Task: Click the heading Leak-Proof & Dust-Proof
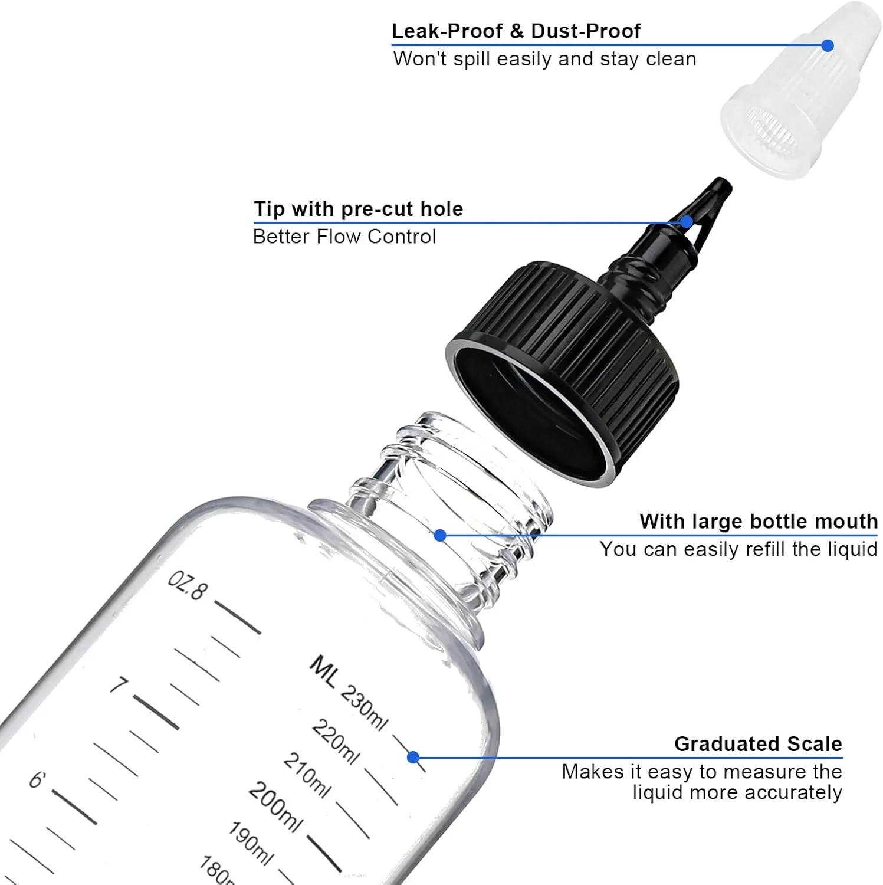pyautogui.click(x=516, y=31)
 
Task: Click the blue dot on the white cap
pyautogui.click(x=828, y=45)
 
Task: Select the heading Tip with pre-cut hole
pyautogui.click(x=358, y=209)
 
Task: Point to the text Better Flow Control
pyautogui.click(x=344, y=237)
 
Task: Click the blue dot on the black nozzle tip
pyautogui.click(x=686, y=222)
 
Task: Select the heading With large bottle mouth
pyautogui.click(x=759, y=522)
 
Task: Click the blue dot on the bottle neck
pyautogui.click(x=440, y=535)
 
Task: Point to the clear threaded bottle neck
pyautogui.click(x=448, y=507)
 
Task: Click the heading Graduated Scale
pyautogui.click(x=758, y=744)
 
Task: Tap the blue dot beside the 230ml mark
pyautogui.click(x=413, y=757)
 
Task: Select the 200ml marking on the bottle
pyautogui.click(x=275, y=807)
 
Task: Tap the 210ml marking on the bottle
pyautogui.click(x=307, y=775)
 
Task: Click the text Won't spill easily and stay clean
pyautogui.click(x=544, y=59)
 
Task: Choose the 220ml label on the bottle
pyautogui.click(x=335, y=742)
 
